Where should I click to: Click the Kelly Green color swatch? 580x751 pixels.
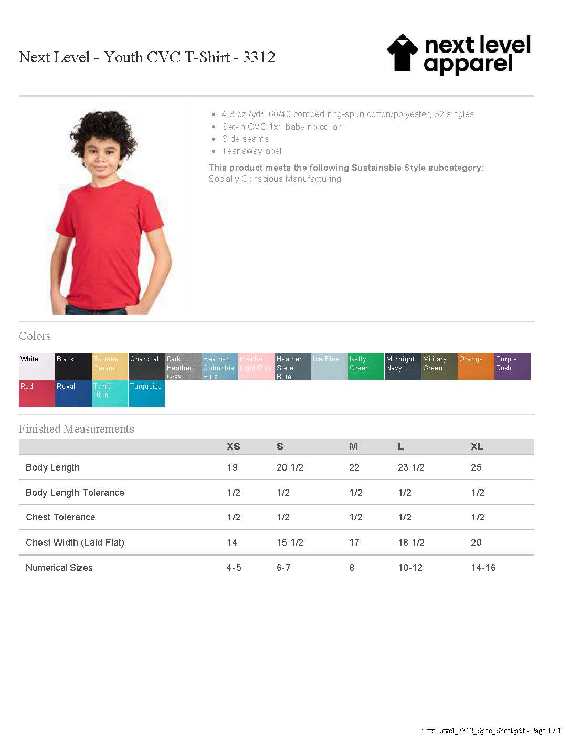tap(365, 366)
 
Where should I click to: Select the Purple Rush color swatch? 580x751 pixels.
tap(512, 366)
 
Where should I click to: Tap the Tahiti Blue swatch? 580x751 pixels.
tap(110, 393)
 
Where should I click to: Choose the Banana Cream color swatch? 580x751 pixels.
tap(110, 366)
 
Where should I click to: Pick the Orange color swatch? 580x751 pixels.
tap(476, 366)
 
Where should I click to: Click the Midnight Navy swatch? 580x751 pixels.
tap(402, 366)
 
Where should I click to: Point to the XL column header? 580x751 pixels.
tap(477, 447)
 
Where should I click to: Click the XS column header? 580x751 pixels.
tap(233, 447)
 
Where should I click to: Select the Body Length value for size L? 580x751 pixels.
tap(411, 467)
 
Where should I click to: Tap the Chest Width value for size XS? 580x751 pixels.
tap(232, 543)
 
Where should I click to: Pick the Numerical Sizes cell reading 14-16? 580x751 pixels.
tap(483, 568)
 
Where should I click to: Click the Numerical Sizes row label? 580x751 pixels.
tap(59, 568)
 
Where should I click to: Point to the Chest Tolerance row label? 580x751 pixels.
tap(60, 517)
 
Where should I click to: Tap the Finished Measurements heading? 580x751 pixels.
tap(76, 429)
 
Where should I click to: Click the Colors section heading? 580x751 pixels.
tap(35, 336)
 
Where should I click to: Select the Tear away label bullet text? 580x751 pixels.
tap(251, 151)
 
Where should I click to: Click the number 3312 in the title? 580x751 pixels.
tap(259, 57)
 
